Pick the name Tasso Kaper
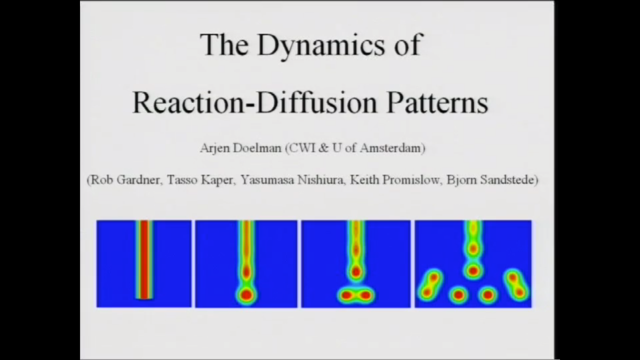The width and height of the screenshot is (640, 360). pos(200,180)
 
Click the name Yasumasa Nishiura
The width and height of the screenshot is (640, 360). pos(292,180)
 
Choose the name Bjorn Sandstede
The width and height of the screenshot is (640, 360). pos(490,180)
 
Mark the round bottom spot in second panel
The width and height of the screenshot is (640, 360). pos(246,296)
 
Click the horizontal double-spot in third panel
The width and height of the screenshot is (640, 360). pos(356,296)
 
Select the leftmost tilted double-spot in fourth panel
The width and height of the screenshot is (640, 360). pos(430,285)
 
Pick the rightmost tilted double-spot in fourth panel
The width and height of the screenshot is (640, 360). pos(516,285)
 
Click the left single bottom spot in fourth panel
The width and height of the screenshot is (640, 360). pos(458,295)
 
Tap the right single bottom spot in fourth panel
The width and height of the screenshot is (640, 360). pos(488,295)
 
